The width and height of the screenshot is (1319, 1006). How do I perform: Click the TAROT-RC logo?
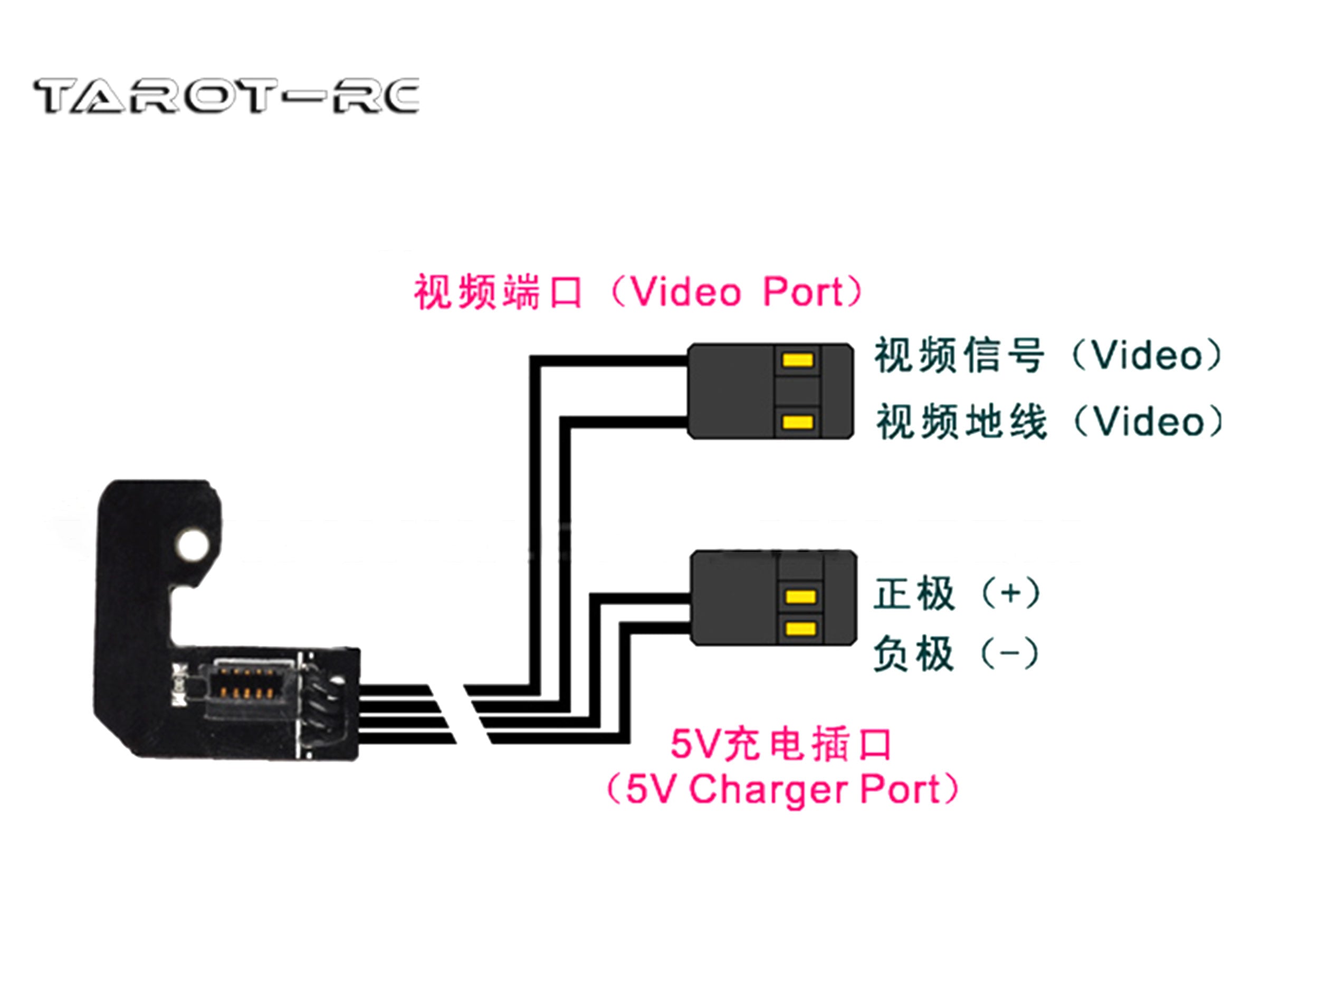pos(226,96)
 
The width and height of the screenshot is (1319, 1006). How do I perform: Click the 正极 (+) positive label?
pos(957,593)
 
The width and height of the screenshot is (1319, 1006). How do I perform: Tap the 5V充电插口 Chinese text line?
pos(781,744)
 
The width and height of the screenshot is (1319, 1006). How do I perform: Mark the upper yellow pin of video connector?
pos(798,360)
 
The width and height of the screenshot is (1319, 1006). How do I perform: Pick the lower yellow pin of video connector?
pos(798,422)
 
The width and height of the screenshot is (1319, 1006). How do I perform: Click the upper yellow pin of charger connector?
pos(801,596)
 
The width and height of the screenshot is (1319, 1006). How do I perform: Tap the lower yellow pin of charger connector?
pos(801,628)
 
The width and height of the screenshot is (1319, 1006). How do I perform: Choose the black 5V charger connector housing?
pos(734,597)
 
